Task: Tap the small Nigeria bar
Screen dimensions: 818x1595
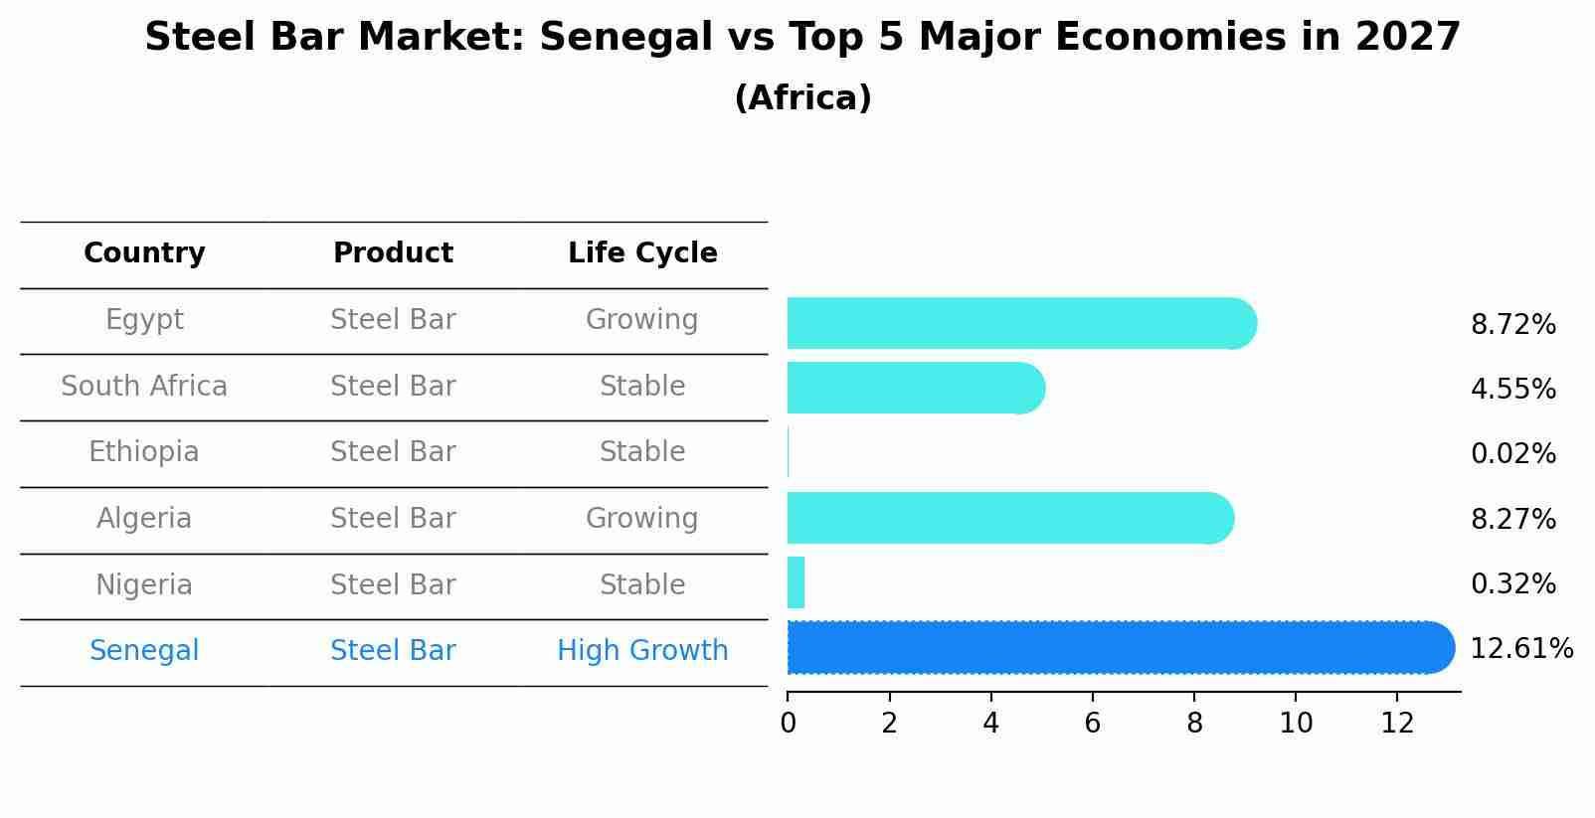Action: pos(796,582)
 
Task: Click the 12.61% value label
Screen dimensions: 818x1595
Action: pos(1520,649)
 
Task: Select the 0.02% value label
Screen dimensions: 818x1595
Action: pos(1512,454)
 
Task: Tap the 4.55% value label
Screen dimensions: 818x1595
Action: pos(1512,389)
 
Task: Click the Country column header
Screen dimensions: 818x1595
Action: pos(144,253)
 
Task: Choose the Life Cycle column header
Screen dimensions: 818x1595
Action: pos(642,253)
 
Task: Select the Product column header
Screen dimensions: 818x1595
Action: pos(393,253)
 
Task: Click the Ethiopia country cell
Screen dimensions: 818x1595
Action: pos(144,452)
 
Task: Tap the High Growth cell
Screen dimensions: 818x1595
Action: pos(642,651)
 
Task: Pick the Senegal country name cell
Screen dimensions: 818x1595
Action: pos(144,651)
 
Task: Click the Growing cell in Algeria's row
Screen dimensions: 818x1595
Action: pos(642,518)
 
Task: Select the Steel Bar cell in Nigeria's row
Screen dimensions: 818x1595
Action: pos(393,584)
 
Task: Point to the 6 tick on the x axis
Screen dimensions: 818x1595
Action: pos(1092,723)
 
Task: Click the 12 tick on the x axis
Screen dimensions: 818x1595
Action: pos(1397,723)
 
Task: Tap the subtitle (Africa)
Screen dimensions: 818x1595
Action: pos(802,98)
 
